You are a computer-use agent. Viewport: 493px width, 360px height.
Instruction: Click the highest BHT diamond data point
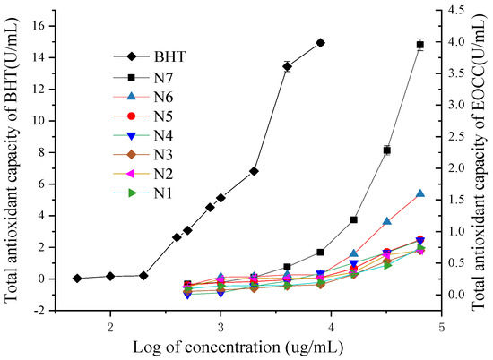pyautogui.click(x=320, y=42)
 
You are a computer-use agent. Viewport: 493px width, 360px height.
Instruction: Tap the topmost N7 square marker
pyautogui.click(x=419, y=44)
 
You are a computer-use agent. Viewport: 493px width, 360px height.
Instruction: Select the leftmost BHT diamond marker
pyautogui.click(x=77, y=279)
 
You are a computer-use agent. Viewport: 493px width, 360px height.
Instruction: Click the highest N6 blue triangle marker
pyautogui.click(x=419, y=193)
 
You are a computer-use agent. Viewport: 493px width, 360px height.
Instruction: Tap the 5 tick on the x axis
pyautogui.click(x=442, y=326)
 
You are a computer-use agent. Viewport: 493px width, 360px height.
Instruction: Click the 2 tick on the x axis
pyautogui.click(x=110, y=326)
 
